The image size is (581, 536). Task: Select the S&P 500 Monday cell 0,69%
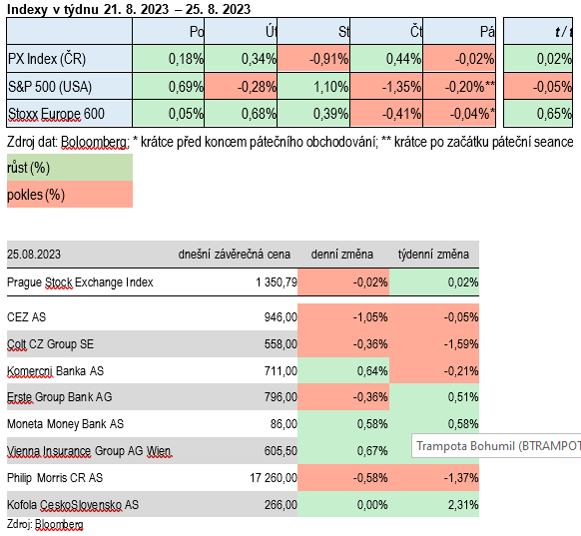click(x=169, y=86)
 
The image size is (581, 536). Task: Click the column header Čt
click(x=416, y=32)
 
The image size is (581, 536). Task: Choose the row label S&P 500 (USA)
click(x=50, y=87)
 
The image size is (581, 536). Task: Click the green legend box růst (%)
click(x=70, y=168)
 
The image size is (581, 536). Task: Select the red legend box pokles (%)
click(x=70, y=194)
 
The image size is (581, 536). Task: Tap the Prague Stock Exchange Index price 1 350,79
click(x=277, y=282)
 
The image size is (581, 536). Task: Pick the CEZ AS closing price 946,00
click(x=281, y=317)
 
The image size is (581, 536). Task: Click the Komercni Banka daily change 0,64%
click(x=372, y=370)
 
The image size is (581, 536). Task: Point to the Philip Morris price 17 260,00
click(x=274, y=478)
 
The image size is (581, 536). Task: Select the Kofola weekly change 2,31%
click(x=463, y=504)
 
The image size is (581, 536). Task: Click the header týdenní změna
click(x=433, y=255)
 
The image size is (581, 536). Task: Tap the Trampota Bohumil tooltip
click(x=496, y=446)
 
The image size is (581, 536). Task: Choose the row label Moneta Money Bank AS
click(x=65, y=424)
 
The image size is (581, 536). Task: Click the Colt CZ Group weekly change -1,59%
click(x=461, y=344)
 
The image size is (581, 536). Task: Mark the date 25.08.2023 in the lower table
click(x=34, y=255)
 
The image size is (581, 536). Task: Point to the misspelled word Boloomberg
click(x=95, y=143)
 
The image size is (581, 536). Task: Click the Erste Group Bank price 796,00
click(x=281, y=397)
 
